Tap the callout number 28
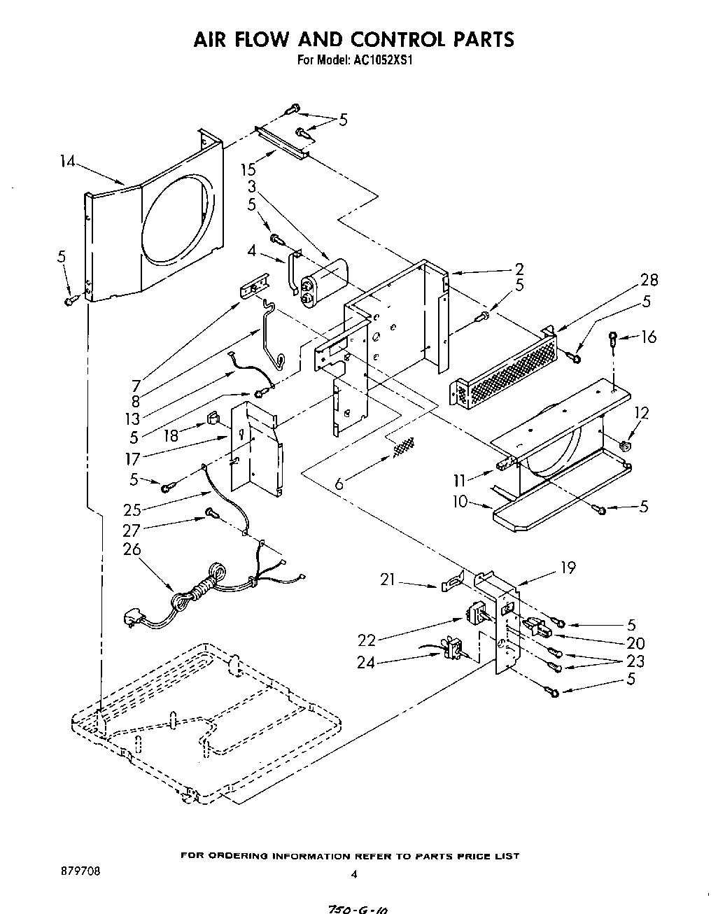point(649,280)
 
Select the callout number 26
point(132,550)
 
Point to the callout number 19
point(568,568)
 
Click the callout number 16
point(649,337)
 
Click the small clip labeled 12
point(625,443)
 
